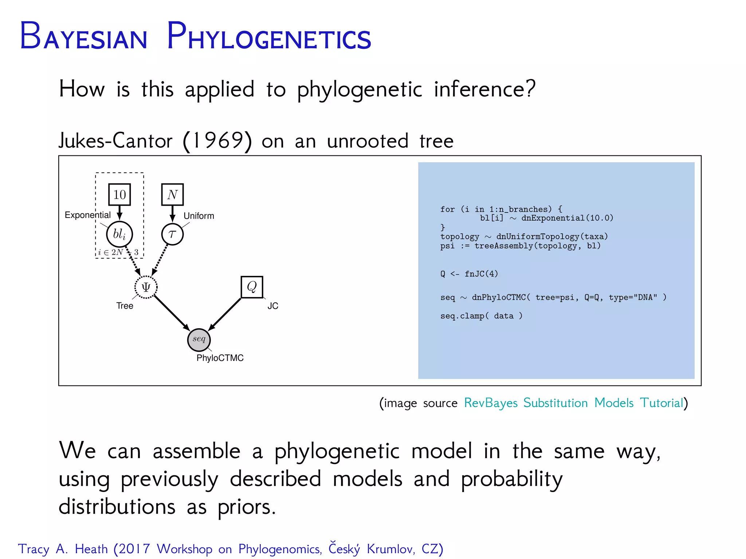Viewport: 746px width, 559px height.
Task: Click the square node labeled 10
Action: click(119, 194)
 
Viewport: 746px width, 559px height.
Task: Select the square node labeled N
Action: click(172, 194)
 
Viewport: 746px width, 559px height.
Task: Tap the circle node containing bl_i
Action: click(119, 234)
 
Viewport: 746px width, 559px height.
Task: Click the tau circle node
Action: click(172, 234)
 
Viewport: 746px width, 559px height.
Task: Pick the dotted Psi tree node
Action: click(146, 287)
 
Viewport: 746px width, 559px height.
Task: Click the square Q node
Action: click(252, 287)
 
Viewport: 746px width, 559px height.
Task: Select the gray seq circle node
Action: click(199, 339)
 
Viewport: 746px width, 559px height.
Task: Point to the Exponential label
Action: click(87, 215)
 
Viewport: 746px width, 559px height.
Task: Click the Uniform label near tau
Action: click(199, 216)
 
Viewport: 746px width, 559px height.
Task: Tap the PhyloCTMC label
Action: click(220, 358)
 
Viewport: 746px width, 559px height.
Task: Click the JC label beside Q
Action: click(273, 306)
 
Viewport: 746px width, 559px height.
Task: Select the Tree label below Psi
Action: click(125, 306)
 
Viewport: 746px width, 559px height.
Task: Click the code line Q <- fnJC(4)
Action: click(469, 274)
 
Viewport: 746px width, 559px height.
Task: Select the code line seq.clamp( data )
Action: click(481, 316)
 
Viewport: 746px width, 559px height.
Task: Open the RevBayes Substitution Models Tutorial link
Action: click(574, 403)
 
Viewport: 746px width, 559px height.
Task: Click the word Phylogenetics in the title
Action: click(269, 36)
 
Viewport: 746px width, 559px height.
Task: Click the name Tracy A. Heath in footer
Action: click(63, 549)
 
